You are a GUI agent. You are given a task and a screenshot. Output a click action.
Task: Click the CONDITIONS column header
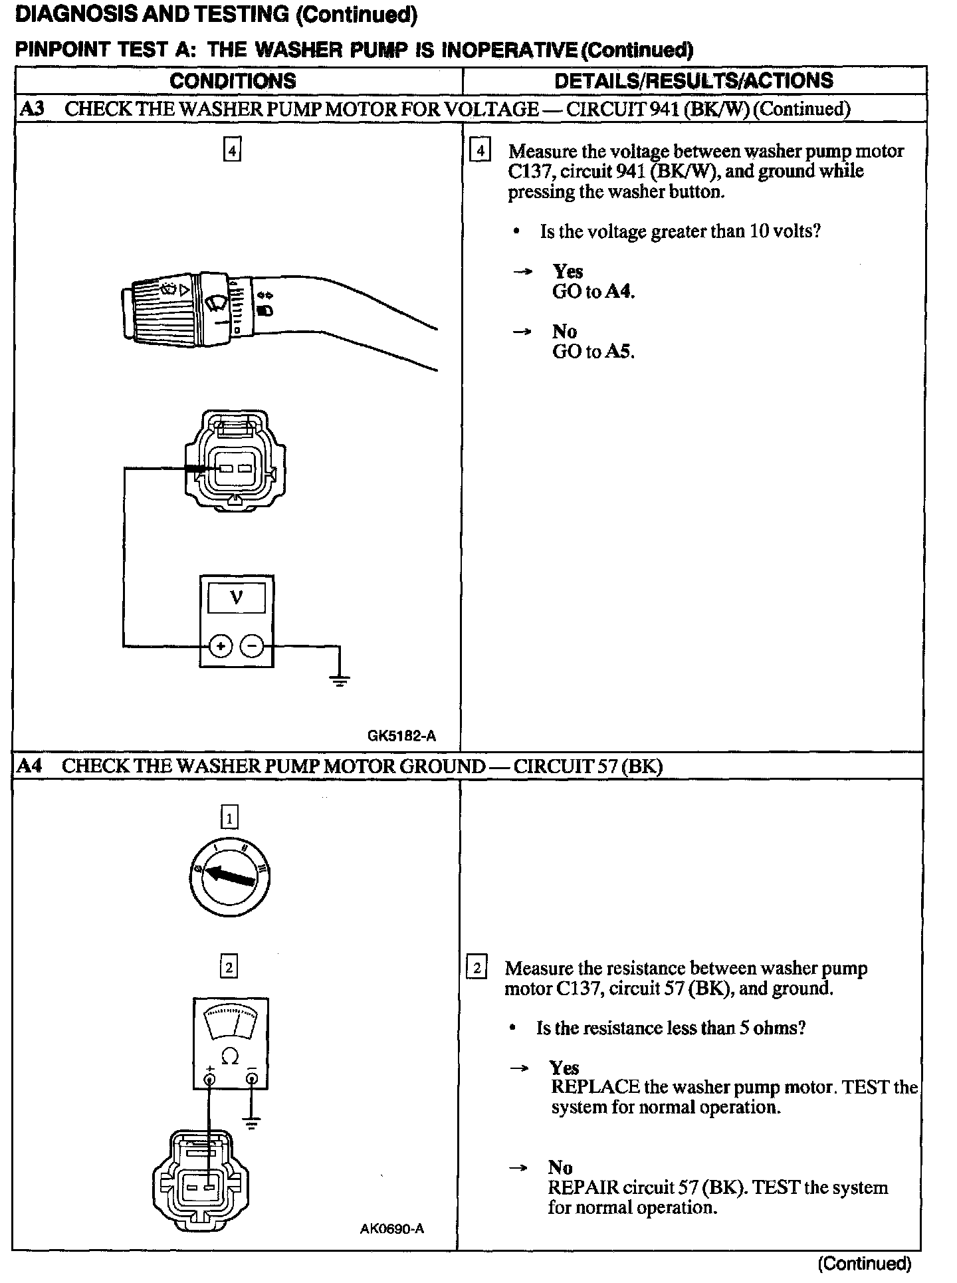[233, 81]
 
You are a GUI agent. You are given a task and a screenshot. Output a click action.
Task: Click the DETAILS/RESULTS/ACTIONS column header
[693, 81]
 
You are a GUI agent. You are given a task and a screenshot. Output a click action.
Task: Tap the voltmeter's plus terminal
[221, 645]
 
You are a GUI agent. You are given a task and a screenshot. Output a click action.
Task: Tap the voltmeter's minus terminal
[252, 645]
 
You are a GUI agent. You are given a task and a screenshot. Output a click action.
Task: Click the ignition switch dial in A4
[229, 878]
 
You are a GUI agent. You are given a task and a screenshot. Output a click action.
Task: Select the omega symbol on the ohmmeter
[229, 1056]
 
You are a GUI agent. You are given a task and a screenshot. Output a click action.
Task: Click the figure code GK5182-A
[401, 736]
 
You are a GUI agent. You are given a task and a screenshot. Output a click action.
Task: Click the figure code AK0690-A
[392, 1228]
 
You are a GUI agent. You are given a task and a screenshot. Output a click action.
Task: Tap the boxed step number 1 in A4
[229, 817]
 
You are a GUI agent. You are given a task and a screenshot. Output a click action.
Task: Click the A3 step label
[31, 108]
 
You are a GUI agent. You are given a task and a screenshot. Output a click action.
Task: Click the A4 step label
[29, 766]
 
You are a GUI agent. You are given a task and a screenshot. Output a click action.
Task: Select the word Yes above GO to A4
[568, 271]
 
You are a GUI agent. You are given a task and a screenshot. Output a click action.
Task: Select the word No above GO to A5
[564, 331]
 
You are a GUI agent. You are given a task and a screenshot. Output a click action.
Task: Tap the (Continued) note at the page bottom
[865, 1263]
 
